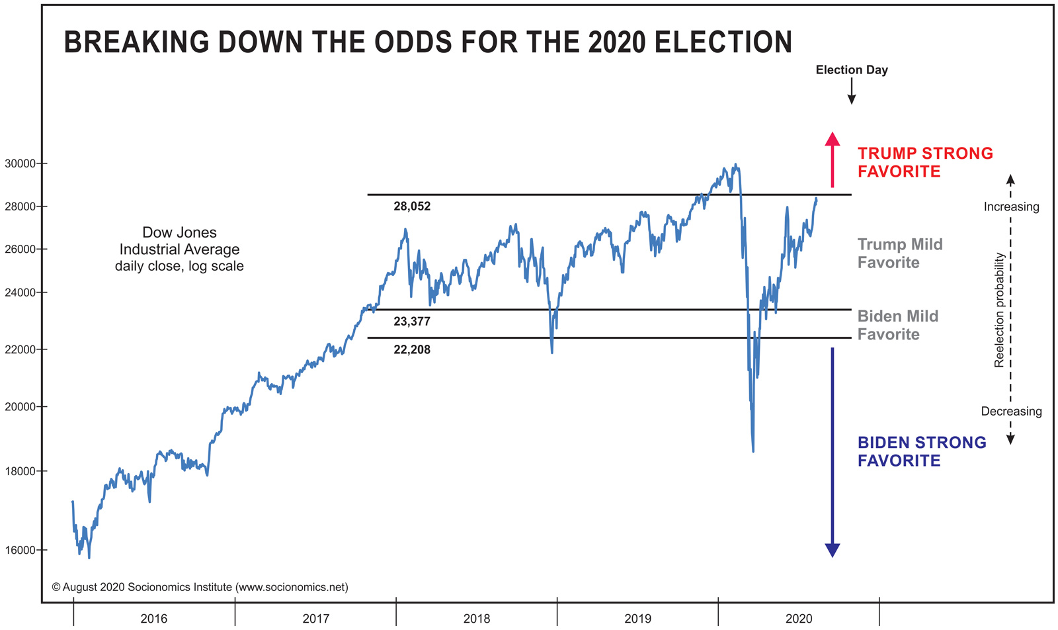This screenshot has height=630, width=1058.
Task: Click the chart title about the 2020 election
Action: (x=428, y=42)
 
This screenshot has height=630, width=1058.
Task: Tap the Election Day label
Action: (x=851, y=69)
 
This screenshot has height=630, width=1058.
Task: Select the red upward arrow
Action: (x=833, y=159)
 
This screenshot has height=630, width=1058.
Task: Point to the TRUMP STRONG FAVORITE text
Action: (x=924, y=162)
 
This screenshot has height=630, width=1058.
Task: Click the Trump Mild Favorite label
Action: (x=899, y=253)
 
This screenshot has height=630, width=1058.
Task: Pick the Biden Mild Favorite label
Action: (x=897, y=325)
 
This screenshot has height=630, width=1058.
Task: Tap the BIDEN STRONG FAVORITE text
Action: (x=921, y=451)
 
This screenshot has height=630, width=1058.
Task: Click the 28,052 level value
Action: (x=412, y=206)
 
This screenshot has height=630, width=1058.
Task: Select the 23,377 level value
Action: (x=412, y=322)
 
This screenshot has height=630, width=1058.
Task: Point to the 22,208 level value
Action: (x=412, y=349)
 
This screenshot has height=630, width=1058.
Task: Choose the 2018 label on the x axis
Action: (x=477, y=619)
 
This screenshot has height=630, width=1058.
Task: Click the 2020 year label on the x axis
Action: (x=799, y=619)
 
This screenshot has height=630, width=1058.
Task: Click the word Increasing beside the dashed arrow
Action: (x=1011, y=206)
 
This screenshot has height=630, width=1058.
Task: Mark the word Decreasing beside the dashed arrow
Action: (x=1011, y=411)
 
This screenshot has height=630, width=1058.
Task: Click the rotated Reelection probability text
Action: (x=999, y=310)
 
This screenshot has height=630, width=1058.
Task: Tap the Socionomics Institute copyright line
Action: (x=200, y=587)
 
